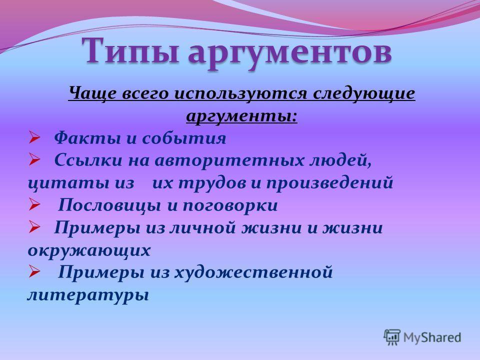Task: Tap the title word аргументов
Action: click(290, 52)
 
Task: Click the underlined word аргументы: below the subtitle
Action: click(242, 116)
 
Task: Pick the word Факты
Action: click(87, 138)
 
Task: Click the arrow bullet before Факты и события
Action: click(34, 138)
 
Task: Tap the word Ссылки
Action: click(88, 160)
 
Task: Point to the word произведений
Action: click(329, 183)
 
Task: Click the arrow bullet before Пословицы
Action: click(34, 204)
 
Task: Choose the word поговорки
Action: click(230, 205)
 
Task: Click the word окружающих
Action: click(89, 250)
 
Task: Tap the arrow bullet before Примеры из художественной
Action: click(34, 271)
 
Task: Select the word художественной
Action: click(253, 272)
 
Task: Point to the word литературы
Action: click(88, 295)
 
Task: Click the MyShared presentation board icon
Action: click(392, 337)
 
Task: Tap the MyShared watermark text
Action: click(432, 337)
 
